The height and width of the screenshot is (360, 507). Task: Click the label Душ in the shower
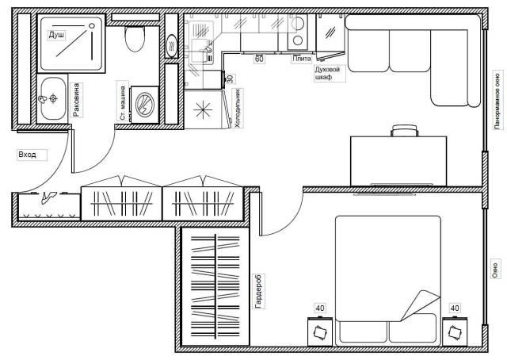56,35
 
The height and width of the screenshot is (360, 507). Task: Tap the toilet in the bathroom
134,39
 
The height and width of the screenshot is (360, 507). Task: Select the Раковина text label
76,100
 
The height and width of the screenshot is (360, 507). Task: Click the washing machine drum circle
144,105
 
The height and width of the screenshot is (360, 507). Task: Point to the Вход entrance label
28,155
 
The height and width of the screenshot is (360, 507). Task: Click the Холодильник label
238,108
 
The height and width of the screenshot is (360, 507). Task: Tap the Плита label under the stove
301,59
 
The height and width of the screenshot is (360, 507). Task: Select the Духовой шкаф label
327,74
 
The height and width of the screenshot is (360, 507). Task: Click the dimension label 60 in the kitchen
259,59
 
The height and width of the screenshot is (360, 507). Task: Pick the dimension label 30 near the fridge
231,79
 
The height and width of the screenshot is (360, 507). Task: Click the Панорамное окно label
497,101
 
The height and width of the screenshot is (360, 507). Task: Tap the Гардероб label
259,291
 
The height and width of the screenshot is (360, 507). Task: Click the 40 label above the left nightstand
320,308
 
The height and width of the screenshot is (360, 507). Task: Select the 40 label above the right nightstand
455,308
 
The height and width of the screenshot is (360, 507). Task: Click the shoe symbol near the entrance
48,197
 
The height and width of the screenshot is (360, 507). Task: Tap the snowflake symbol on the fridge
203,109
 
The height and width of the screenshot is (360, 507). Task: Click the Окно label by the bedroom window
495,269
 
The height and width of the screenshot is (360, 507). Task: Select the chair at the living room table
404,131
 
